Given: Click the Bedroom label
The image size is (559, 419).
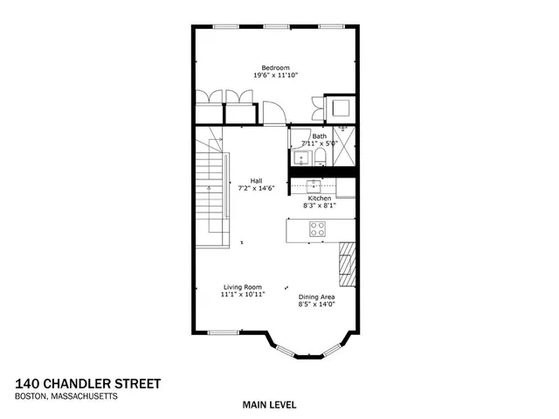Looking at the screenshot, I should click(x=275, y=67).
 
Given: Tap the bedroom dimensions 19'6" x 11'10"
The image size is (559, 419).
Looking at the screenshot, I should click(x=275, y=76).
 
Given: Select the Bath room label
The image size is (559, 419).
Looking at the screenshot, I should click(x=320, y=136).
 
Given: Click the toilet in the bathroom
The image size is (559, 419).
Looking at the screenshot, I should click(x=321, y=157).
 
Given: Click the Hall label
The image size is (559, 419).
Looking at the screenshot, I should click(x=257, y=181).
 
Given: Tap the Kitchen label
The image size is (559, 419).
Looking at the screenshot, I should click(x=319, y=199).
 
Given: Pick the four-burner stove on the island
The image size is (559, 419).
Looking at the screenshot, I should click(x=317, y=229).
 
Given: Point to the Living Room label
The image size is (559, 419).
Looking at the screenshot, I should click(x=243, y=287).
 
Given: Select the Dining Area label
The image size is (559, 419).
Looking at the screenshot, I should click(x=316, y=297).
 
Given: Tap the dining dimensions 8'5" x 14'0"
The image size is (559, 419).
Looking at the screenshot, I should click(x=316, y=305).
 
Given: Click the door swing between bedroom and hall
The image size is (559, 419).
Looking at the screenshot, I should click(x=273, y=113).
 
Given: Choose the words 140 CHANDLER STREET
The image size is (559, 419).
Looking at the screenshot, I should click(x=88, y=383).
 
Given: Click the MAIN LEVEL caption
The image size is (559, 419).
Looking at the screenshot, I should click(x=270, y=404).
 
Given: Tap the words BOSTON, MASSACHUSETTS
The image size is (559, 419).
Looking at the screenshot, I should click(x=66, y=395).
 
